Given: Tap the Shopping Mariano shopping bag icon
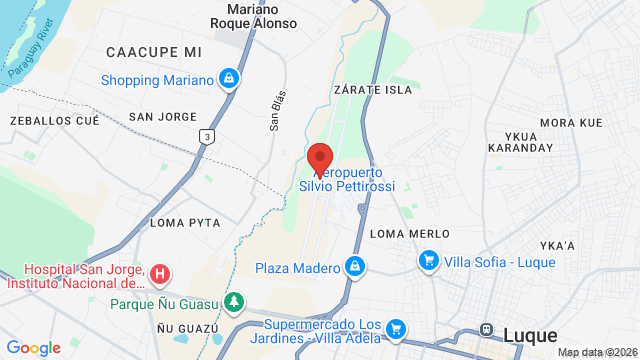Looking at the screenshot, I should (229, 79).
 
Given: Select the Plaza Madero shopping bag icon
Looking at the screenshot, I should (353, 267).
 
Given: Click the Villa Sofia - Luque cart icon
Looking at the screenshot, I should (428, 261).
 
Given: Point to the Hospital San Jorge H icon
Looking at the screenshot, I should (160, 273).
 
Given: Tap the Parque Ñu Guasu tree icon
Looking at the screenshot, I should (234, 301).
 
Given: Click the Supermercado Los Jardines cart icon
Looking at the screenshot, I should (396, 328).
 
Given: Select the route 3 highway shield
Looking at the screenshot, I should (207, 137).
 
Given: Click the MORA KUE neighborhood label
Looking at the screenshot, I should (571, 122).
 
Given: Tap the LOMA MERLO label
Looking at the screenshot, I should (409, 233).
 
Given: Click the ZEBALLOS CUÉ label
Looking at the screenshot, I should (54, 120).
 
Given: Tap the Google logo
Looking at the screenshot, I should (34, 347).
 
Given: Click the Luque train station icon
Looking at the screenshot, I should (488, 329).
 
